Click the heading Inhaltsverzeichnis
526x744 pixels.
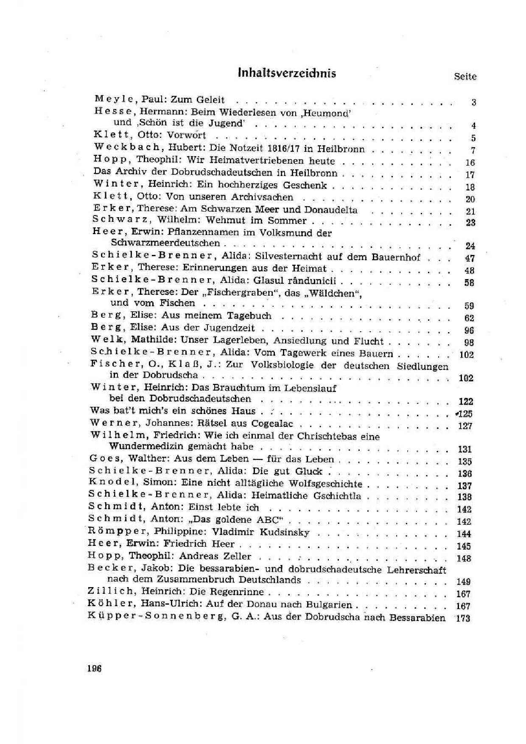287,73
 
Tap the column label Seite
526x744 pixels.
465,77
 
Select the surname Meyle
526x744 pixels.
112,99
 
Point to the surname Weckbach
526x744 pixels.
127,148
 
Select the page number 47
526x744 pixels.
470,258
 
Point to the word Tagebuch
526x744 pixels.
249,316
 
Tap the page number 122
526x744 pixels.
466,401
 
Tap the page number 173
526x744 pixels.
462,618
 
